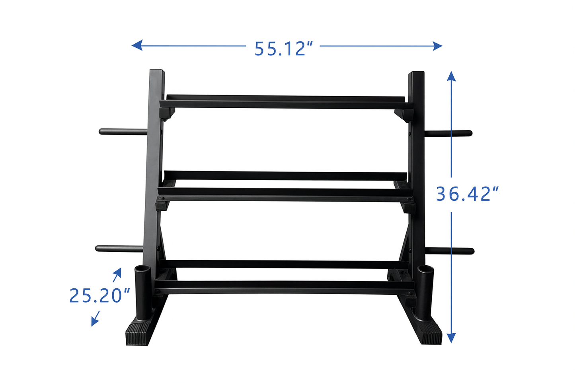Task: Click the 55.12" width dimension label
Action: (x=283, y=49)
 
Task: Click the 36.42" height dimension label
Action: (x=467, y=194)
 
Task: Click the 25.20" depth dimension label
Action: (x=99, y=296)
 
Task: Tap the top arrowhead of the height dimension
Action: (x=451, y=76)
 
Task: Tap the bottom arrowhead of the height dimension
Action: (x=451, y=338)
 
